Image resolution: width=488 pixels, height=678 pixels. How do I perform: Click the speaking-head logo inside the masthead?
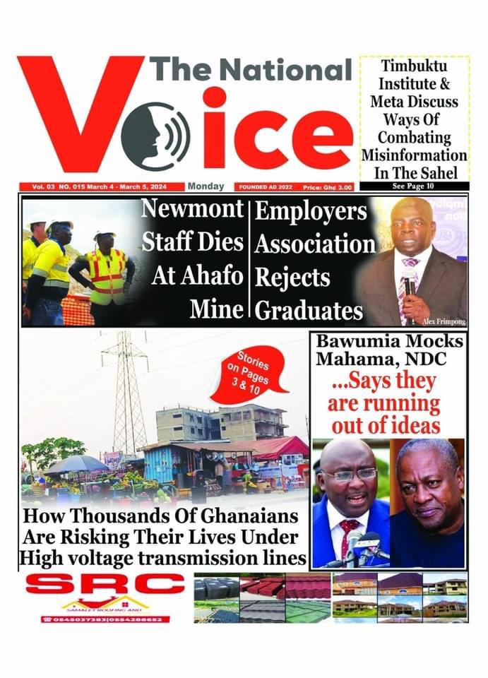(x=155, y=136)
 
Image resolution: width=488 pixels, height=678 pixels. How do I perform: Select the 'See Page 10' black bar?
(x=414, y=186)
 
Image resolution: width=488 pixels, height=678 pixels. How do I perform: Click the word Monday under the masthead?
(x=206, y=186)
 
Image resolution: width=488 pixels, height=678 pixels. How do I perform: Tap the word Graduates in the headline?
(x=309, y=311)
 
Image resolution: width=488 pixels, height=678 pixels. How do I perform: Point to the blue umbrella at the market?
(x=76, y=463)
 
